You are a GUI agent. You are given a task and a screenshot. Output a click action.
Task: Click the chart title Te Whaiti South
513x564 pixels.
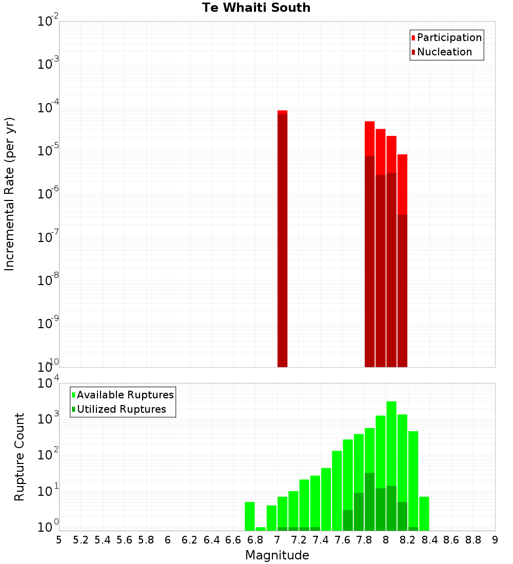point(256,8)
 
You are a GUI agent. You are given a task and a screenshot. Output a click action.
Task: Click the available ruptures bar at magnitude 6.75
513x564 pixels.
point(250,516)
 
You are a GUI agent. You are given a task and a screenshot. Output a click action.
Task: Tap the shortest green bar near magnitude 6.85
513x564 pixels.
point(261,529)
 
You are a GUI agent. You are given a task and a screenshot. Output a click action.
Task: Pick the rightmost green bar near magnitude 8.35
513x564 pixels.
point(424,513)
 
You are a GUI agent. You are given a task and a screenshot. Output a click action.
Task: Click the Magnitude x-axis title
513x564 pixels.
point(277,555)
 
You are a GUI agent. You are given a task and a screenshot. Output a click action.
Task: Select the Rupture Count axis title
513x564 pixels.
point(19,457)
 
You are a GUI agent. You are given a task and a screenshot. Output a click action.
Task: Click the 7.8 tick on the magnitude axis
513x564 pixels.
point(364,540)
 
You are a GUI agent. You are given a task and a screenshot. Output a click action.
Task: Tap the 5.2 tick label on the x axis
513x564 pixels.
point(81,540)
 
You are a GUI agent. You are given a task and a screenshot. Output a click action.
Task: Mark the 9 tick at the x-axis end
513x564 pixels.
point(495,540)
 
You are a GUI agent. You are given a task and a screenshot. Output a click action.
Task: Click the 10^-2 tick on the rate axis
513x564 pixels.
point(48,22)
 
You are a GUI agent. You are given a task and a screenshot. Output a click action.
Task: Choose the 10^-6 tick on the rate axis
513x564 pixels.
point(48,194)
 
